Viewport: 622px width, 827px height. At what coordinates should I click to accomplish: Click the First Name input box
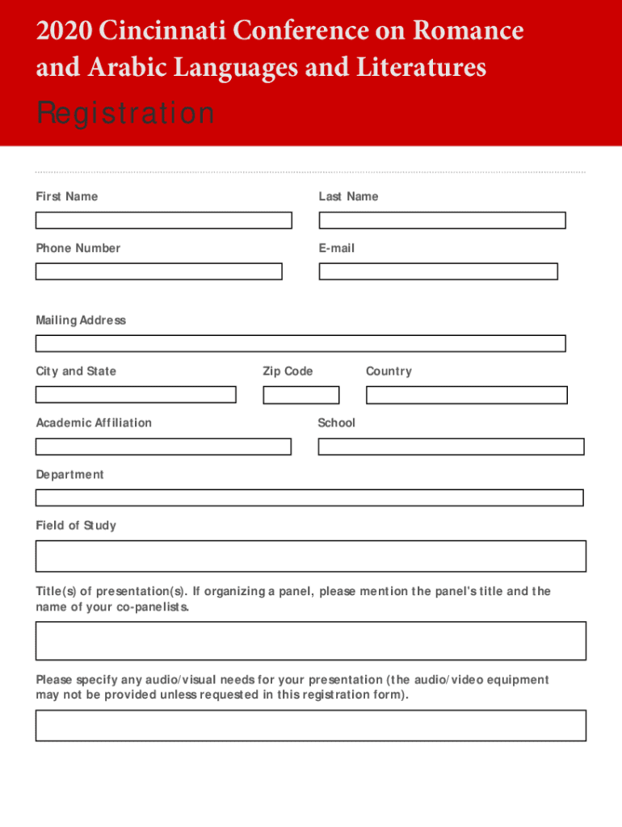(163, 220)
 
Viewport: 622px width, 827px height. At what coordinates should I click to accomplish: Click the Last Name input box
(442, 220)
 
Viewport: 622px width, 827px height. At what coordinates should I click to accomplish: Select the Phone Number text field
(158, 271)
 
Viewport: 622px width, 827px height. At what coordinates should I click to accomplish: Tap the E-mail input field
(438, 271)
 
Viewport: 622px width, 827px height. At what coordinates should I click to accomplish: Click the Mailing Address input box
(300, 343)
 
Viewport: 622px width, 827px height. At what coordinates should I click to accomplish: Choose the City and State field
(136, 395)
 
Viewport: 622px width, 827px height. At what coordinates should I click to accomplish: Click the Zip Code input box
(300, 395)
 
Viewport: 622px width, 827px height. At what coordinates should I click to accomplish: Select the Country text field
(466, 395)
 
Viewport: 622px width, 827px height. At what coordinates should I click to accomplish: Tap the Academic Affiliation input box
(163, 447)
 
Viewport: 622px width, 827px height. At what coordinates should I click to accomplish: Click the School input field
(451, 447)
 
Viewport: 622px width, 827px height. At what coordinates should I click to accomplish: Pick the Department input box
(309, 497)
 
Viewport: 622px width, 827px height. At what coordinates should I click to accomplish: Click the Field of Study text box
(310, 556)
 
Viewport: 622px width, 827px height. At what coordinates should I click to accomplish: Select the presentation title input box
(310, 640)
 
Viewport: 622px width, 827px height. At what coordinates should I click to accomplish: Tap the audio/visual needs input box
(310, 725)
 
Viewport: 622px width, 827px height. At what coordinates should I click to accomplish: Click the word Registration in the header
(125, 114)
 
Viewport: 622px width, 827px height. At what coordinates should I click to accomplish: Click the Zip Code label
(288, 372)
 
